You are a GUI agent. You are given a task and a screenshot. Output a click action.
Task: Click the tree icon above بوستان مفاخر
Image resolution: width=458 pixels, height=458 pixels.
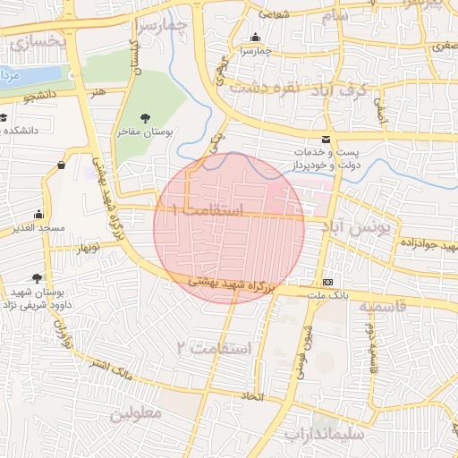(147, 117)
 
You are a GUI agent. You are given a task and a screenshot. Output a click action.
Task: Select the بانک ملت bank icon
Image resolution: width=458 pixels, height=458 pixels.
(329, 280)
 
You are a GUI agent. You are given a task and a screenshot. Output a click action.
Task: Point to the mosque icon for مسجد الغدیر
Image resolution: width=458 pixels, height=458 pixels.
(38, 215)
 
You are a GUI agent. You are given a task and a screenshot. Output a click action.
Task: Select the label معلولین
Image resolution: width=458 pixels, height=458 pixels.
(136, 414)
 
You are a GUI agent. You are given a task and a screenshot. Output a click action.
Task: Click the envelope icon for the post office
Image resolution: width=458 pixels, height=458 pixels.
(325, 139)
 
